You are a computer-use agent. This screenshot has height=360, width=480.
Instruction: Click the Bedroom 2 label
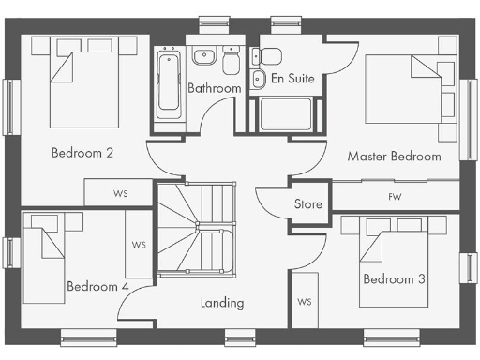[x=82, y=153]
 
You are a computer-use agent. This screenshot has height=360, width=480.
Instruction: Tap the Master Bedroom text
[x=394, y=157]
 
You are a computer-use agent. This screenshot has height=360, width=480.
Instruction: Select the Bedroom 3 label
[x=395, y=279]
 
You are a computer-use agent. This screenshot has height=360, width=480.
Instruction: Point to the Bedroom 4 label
[x=97, y=286]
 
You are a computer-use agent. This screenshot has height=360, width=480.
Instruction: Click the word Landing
[x=223, y=303]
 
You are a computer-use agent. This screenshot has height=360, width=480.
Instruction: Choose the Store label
[x=308, y=203]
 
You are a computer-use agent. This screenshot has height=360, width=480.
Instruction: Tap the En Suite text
[x=292, y=80]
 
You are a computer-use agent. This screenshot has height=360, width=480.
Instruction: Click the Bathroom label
[x=214, y=89]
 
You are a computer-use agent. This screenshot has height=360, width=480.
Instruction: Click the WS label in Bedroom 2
[x=120, y=193]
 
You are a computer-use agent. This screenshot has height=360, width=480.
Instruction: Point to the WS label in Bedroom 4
[x=139, y=246]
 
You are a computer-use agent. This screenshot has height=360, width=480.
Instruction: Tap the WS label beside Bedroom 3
[x=304, y=302]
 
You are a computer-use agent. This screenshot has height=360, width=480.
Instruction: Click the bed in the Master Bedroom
[x=408, y=89]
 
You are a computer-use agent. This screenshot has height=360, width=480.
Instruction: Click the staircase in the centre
[x=194, y=228]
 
